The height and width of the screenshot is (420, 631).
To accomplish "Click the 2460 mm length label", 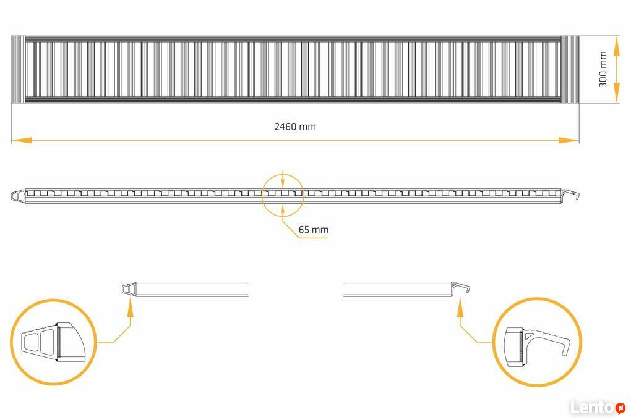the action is tap(295, 127).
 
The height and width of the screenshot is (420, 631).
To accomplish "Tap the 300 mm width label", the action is tap(603, 69).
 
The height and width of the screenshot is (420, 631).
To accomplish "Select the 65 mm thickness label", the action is tap(314, 230).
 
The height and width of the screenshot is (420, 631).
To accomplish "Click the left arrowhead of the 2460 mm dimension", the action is tap(21, 140).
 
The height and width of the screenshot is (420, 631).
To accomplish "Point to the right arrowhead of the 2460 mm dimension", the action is tap(569, 140).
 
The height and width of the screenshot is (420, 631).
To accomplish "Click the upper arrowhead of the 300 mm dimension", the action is tap(616, 46).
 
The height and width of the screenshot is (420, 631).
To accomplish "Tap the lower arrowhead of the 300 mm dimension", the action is tap(616, 93).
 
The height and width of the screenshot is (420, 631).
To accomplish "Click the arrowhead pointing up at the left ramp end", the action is tap(129, 307).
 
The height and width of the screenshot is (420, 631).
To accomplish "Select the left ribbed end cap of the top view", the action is tap(18, 69).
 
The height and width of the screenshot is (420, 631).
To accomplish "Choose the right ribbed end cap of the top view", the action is tap(570, 69).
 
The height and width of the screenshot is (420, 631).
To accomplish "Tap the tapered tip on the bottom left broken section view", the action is tap(129, 290).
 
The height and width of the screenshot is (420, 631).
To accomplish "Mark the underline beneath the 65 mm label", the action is tap(314, 238).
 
